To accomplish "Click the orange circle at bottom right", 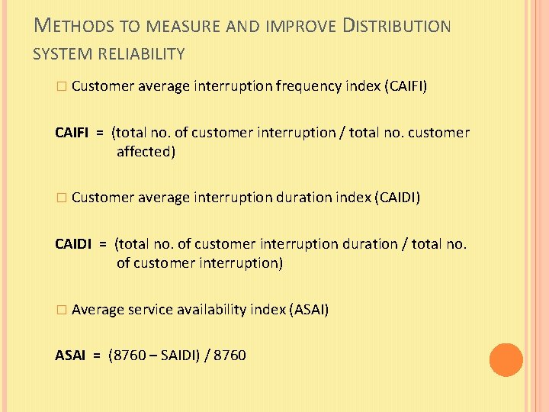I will tap(506, 359).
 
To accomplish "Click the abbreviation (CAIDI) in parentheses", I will tap(396, 198).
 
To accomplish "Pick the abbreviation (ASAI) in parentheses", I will tap(309, 310).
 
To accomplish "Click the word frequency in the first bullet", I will tap(309, 86).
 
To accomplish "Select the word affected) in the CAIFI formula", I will tap(146, 152).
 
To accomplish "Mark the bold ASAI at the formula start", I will tap(70, 356).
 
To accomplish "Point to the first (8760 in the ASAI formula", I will tap(126, 356).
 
